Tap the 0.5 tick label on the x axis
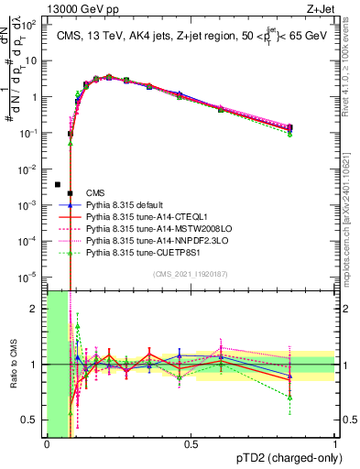coord(191,445)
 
